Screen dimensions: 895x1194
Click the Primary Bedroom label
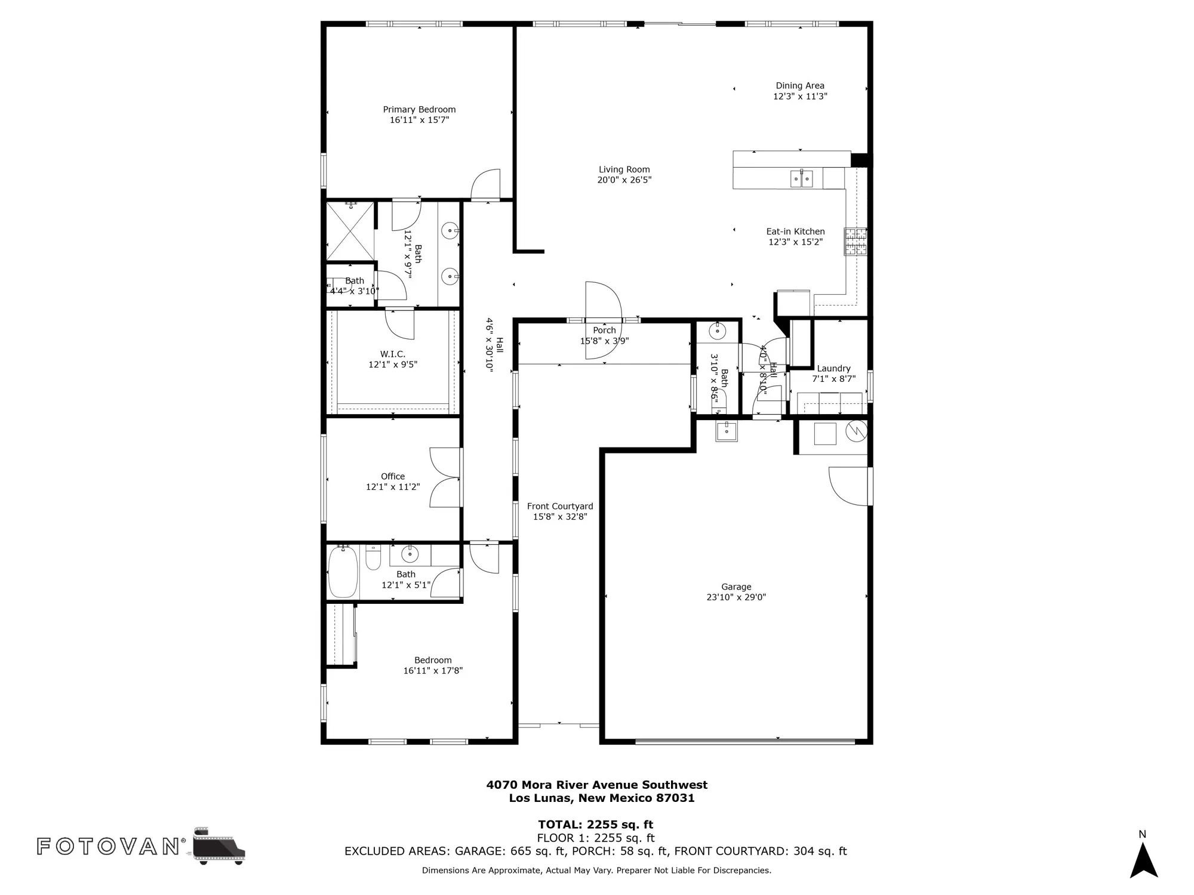pos(419,110)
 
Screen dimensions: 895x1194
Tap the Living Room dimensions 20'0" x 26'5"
pos(624,180)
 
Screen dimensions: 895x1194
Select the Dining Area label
pos(800,86)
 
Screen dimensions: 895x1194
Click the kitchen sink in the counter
pos(801,178)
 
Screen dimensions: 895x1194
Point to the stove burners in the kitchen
pos(855,242)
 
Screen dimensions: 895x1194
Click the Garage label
pos(736,587)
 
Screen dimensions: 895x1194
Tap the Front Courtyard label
pos(560,507)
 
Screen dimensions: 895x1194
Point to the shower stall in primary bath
pos(350,231)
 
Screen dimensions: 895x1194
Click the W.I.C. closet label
pos(392,354)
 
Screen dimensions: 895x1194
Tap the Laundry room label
pos(833,369)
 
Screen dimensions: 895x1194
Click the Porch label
pos(604,331)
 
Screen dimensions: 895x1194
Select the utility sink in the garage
pos(727,430)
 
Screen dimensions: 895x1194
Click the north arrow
pos(1143,859)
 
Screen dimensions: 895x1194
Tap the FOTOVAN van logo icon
pos(219,846)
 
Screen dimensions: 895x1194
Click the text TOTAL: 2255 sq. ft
pos(595,825)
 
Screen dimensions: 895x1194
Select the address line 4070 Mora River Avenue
pos(596,785)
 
